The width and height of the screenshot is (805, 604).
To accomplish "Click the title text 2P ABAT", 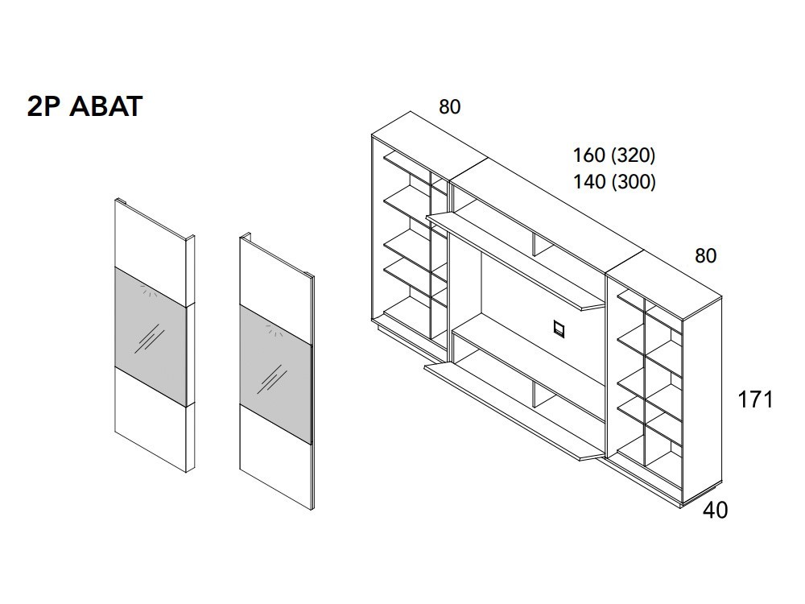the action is (85, 106).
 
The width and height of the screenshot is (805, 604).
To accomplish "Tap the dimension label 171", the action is (755, 399).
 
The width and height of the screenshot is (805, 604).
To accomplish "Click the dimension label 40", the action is (715, 510).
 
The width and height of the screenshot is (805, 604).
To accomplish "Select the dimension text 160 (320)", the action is (614, 155).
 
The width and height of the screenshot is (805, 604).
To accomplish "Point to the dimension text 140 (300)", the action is (614, 182).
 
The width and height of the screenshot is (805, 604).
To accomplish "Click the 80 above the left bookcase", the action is (450, 107).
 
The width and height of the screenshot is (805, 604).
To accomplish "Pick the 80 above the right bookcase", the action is (705, 256).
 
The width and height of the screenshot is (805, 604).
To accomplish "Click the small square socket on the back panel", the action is (559, 329).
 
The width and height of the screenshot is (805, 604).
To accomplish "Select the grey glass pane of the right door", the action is (275, 374).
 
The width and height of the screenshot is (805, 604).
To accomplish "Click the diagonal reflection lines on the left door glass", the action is (150, 338).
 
